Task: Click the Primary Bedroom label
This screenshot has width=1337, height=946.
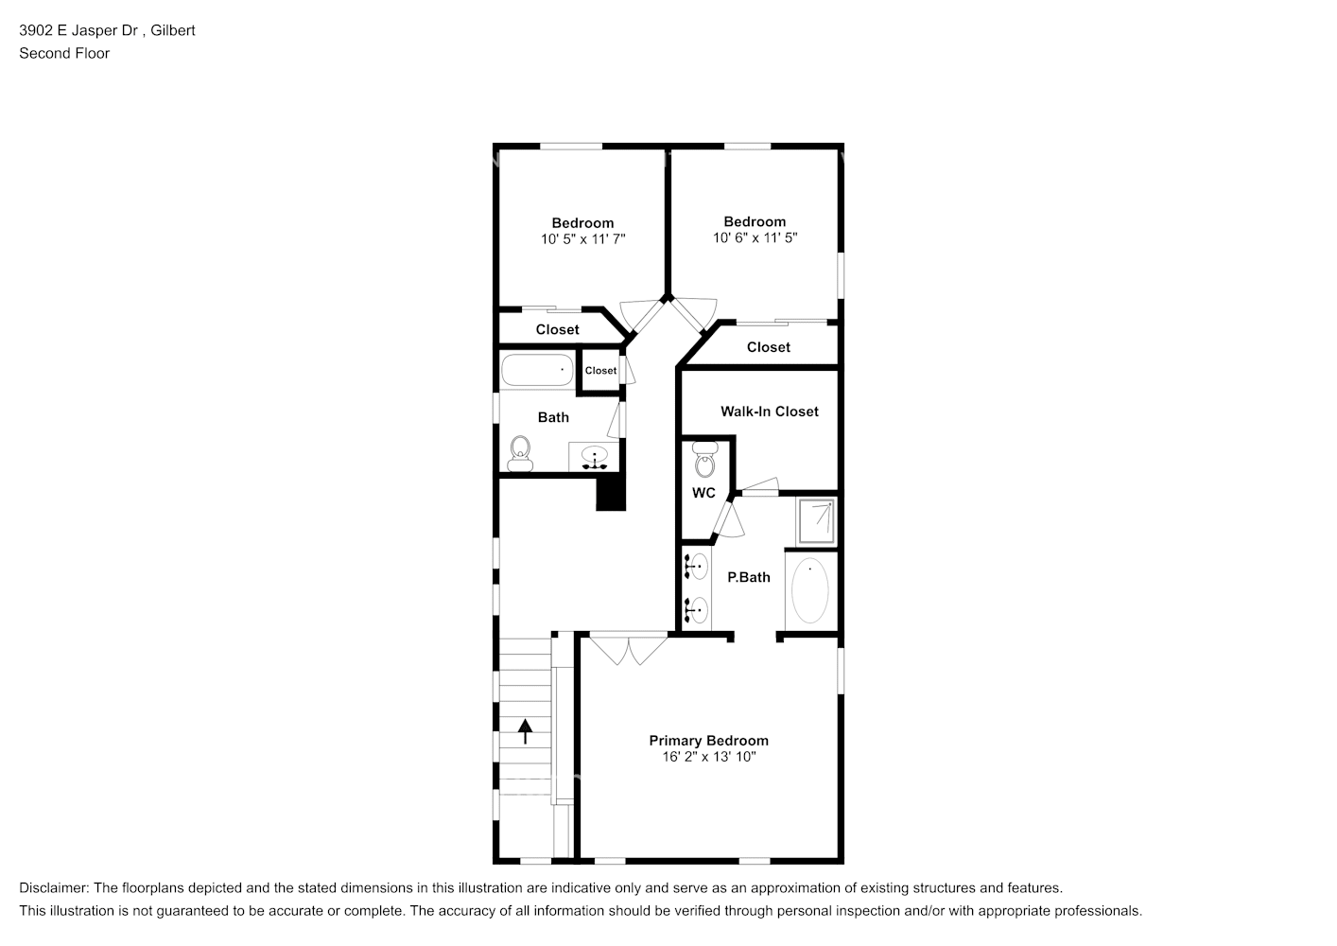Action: point(708,741)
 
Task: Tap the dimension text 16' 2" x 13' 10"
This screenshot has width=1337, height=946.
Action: point(708,757)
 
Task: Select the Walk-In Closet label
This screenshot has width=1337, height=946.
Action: point(769,412)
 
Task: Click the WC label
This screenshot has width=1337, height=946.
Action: point(703,493)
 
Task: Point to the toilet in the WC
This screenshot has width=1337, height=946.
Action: point(703,461)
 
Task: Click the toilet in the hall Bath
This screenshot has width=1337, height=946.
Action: point(520,454)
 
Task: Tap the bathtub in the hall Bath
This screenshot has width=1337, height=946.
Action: point(537,370)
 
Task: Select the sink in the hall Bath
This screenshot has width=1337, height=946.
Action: point(594,457)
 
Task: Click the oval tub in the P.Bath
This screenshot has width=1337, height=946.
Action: point(810,591)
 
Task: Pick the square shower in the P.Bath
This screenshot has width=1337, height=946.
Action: point(816,519)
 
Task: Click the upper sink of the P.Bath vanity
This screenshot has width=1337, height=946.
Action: point(697,567)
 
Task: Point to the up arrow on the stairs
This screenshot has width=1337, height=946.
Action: point(525,729)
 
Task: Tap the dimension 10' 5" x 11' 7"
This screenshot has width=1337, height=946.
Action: point(582,239)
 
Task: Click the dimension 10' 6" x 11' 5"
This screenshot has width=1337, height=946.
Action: point(755,238)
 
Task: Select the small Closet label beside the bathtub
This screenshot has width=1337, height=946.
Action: point(600,371)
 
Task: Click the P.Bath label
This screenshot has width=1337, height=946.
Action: point(748,577)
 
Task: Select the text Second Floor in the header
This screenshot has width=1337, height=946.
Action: point(64,53)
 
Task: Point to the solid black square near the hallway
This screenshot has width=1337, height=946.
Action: point(611,493)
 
